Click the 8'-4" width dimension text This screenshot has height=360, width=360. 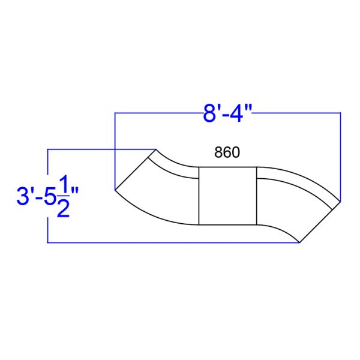tap(226, 113)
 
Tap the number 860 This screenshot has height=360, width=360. tap(227, 153)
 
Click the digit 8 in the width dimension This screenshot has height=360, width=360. tap(208, 113)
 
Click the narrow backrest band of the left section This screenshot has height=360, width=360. tap(174, 167)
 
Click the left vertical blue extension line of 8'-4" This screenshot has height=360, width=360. tap(115, 150)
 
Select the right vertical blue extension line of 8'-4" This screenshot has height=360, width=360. tap(340, 156)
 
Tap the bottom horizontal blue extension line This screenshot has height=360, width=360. tap(174, 242)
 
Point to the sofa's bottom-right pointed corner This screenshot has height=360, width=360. tap(300, 242)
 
